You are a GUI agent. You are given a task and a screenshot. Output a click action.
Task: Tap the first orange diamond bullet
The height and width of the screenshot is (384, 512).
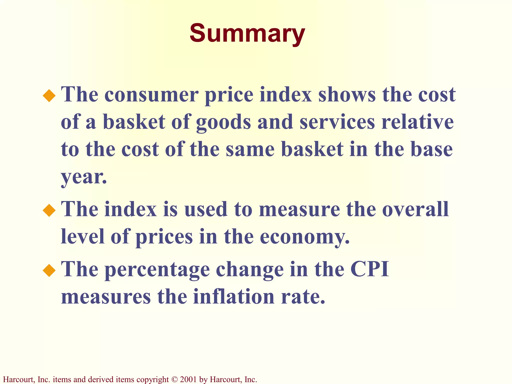coord(49,96)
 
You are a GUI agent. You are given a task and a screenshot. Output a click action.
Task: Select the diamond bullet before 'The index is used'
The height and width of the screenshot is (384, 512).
coord(49,210)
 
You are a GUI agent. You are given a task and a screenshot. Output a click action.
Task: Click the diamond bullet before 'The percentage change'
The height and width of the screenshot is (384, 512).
coord(49,270)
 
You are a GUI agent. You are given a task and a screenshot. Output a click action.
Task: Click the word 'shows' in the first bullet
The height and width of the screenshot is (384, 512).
coord(347,95)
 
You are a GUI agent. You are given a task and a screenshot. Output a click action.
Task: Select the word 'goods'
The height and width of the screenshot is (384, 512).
coord(223,122)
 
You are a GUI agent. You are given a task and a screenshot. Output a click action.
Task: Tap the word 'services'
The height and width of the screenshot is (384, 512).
coord(337,122)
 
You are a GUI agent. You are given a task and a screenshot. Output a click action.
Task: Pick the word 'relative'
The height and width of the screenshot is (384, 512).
coord(417,122)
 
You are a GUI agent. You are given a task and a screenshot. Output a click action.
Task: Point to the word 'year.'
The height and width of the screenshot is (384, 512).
coord(84,177)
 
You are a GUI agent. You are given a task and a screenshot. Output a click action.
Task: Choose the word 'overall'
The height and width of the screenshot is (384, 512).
coord(415,209)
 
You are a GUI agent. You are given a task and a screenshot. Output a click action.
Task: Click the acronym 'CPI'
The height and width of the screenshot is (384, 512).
coord(370,269)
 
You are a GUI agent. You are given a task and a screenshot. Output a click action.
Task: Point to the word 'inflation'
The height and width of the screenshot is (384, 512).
coord(234,297)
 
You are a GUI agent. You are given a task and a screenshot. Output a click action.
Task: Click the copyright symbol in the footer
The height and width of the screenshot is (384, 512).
coord(174,379)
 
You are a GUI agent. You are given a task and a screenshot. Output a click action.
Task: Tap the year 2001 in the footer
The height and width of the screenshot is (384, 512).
coord(188,379)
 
